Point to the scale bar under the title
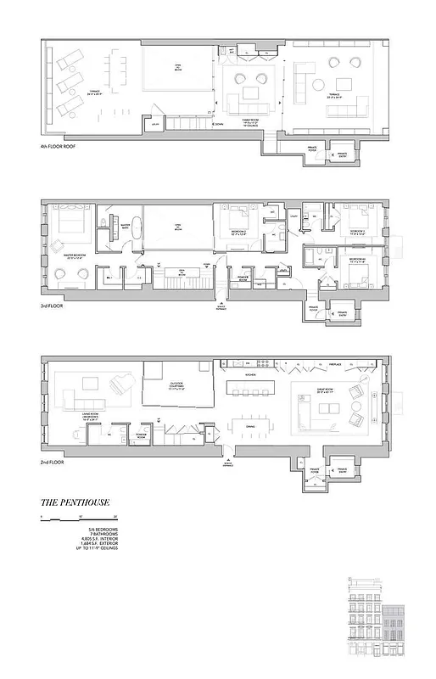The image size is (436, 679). (x=78, y=518)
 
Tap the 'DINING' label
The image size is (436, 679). (x=250, y=427)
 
